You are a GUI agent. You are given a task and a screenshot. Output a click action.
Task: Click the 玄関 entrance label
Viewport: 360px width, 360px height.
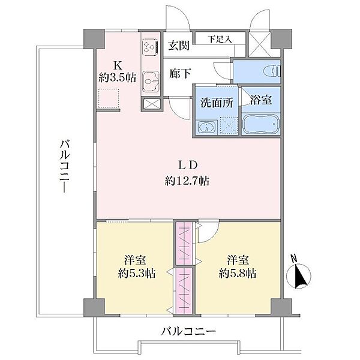coord(179,46)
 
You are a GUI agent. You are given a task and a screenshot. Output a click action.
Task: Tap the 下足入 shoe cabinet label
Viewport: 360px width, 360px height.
coord(220,39)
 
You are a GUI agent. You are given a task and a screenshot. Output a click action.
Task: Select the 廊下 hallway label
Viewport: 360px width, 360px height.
coord(180,73)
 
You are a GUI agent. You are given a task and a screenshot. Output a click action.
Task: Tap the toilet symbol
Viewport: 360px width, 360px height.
coord(272,71)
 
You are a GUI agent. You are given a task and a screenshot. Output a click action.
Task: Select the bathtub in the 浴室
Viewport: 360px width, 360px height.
coord(261,124)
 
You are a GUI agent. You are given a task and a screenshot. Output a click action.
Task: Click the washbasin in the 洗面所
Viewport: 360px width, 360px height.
coord(206,127)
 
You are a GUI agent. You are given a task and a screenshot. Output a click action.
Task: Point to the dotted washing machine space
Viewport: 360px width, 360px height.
coord(228,125)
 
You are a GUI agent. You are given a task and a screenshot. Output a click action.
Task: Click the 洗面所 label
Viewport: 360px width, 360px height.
coord(217,103)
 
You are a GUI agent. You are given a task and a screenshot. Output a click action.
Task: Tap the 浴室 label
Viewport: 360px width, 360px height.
coord(261,100)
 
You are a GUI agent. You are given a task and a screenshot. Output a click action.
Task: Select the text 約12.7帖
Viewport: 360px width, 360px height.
coord(187,181)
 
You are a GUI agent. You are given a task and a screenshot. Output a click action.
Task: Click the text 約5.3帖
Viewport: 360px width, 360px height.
coord(137,274)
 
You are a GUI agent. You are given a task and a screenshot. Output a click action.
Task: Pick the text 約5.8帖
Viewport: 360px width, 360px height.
coord(238,274)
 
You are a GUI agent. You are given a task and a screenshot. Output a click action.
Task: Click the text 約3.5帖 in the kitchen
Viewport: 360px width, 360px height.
coord(118,77)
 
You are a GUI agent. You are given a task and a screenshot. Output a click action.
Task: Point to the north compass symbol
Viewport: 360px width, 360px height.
coord(299,276)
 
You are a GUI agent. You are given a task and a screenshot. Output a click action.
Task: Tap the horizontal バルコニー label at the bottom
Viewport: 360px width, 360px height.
coord(188,331)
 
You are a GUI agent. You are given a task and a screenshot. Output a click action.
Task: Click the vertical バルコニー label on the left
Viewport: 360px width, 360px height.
coord(65,166)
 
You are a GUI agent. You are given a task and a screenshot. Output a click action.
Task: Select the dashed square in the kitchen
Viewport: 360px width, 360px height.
coord(109,98)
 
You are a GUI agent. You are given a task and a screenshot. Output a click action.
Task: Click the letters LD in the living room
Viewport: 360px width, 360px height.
coord(188,165)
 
